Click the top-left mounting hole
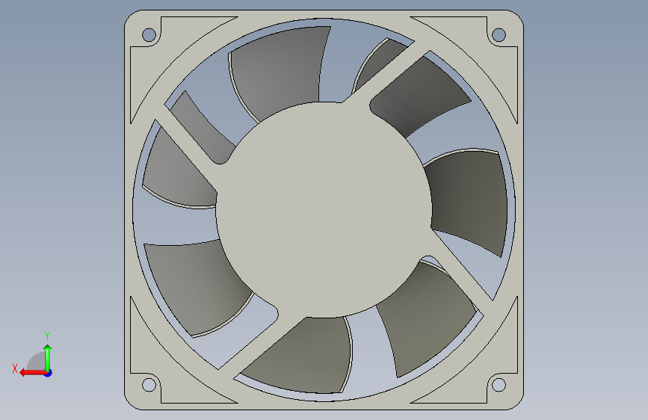(x=149, y=34)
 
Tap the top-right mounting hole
(x=499, y=34)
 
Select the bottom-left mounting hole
(x=149, y=385)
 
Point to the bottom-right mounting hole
(x=499, y=385)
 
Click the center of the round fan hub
(x=324, y=209)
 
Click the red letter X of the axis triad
(x=15, y=368)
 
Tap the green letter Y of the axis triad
(x=47, y=336)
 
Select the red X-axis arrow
(x=33, y=373)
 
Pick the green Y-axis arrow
(x=48, y=358)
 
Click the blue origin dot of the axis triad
(x=49, y=373)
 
